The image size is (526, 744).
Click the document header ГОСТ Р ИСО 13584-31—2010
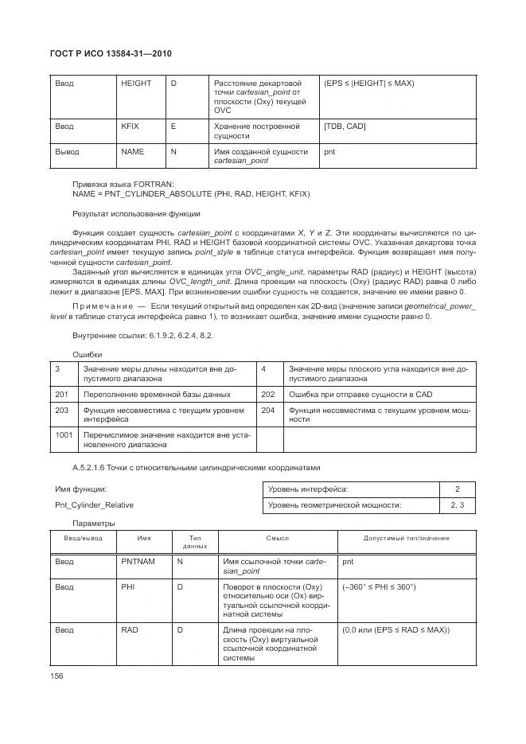(x=111, y=53)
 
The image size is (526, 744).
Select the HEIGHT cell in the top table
(x=134, y=84)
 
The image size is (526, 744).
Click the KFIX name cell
(x=130, y=127)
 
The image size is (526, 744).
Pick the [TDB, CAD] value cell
(x=345, y=127)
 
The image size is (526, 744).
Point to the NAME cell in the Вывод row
(x=132, y=150)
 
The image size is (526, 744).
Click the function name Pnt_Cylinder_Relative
(x=94, y=504)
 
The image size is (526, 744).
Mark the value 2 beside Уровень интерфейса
(x=457, y=489)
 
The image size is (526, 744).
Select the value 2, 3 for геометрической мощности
(x=457, y=505)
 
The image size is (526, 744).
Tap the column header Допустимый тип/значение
(x=406, y=539)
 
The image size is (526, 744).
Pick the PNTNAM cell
(x=138, y=562)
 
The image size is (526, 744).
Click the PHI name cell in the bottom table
(x=128, y=586)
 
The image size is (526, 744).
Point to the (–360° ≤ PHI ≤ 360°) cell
(x=379, y=586)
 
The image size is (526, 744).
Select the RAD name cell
(x=130, y=630)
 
